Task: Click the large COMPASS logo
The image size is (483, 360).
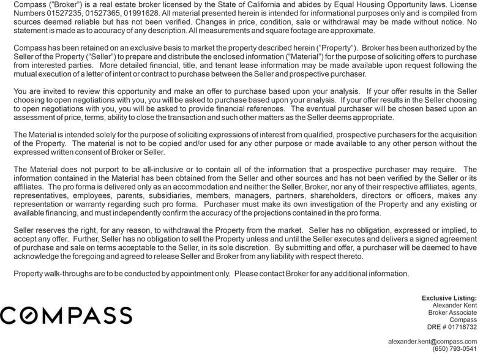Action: coord(66,315)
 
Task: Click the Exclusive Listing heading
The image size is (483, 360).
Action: coord(449,298)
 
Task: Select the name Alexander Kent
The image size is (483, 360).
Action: coord(454,305)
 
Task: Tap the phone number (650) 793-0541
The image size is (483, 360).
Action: coord(454,348)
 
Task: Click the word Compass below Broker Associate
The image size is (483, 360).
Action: coord(463,320)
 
